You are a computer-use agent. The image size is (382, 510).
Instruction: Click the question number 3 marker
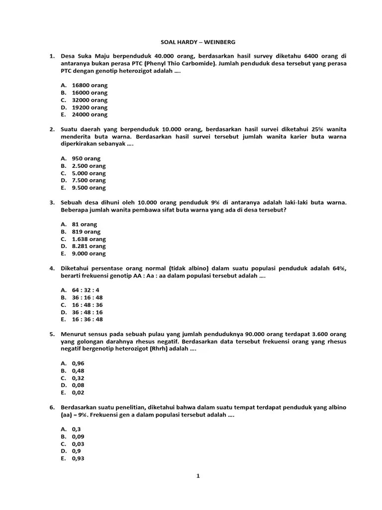pos(52,203)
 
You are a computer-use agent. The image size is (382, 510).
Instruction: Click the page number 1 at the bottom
pos(197,476)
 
